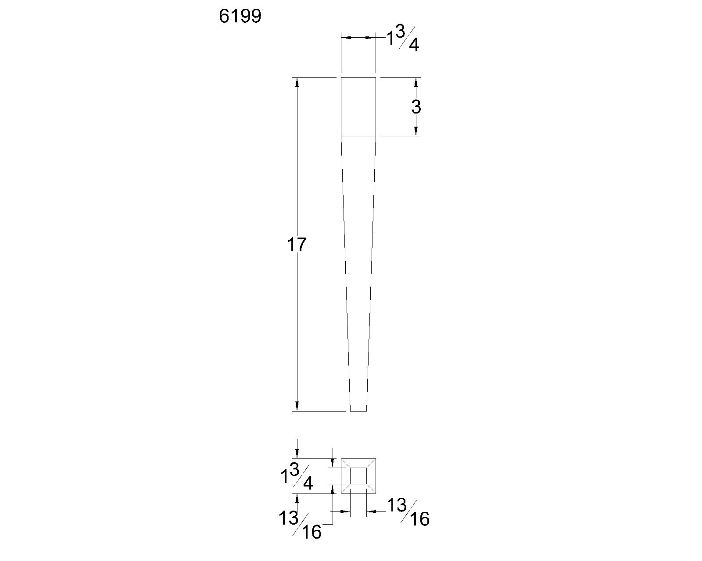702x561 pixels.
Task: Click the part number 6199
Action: click(240, 17)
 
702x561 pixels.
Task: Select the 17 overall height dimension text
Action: click(296, 245)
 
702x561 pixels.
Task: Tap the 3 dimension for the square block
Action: click(415, 107)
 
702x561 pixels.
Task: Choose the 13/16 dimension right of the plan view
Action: click(408, 512)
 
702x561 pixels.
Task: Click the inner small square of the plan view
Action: click(358, 476)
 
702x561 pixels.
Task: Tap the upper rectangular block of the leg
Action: click(358, 107)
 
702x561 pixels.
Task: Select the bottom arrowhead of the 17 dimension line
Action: click(297, 406)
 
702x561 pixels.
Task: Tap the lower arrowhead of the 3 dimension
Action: click(415, 131)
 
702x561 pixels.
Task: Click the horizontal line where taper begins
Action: click(358, 136)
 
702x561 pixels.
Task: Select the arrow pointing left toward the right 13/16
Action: click(371, 511)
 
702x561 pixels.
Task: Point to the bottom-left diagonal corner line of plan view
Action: click(345, 489)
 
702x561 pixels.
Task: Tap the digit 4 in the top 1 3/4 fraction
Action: click(413, 46)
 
